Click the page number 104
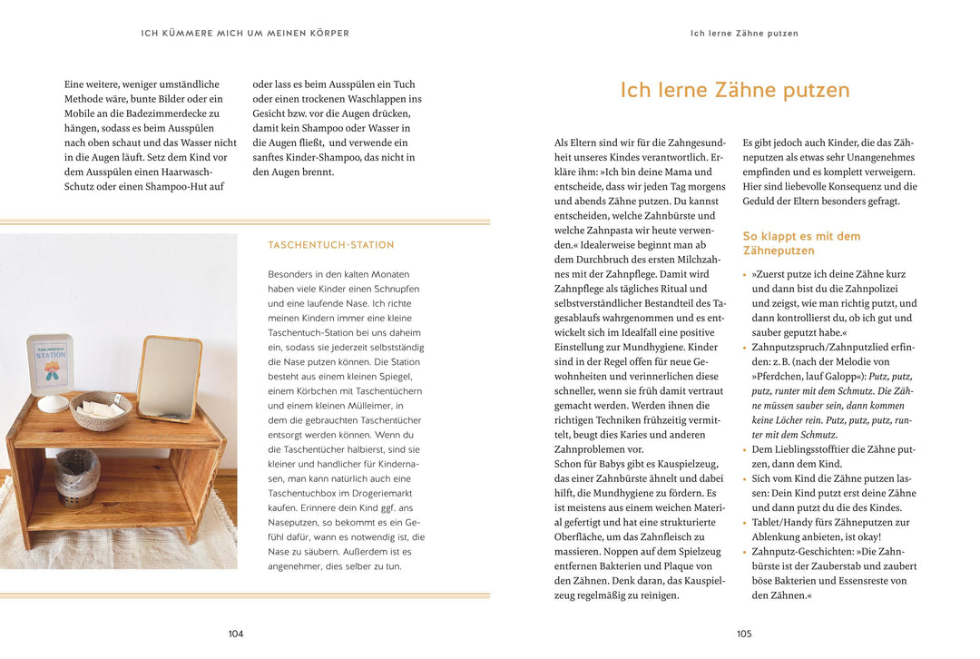point(236,634)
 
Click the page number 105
point(744,634)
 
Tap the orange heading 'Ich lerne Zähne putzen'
point(735,91)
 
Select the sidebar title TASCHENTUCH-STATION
point(331,245)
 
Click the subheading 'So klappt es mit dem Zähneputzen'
point(801,243)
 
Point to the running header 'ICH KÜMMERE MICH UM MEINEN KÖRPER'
point(245,34)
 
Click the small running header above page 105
point(744,34)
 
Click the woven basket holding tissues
point(100,410)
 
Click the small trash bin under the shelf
point(77,477)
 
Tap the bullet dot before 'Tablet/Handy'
point(745,523)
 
